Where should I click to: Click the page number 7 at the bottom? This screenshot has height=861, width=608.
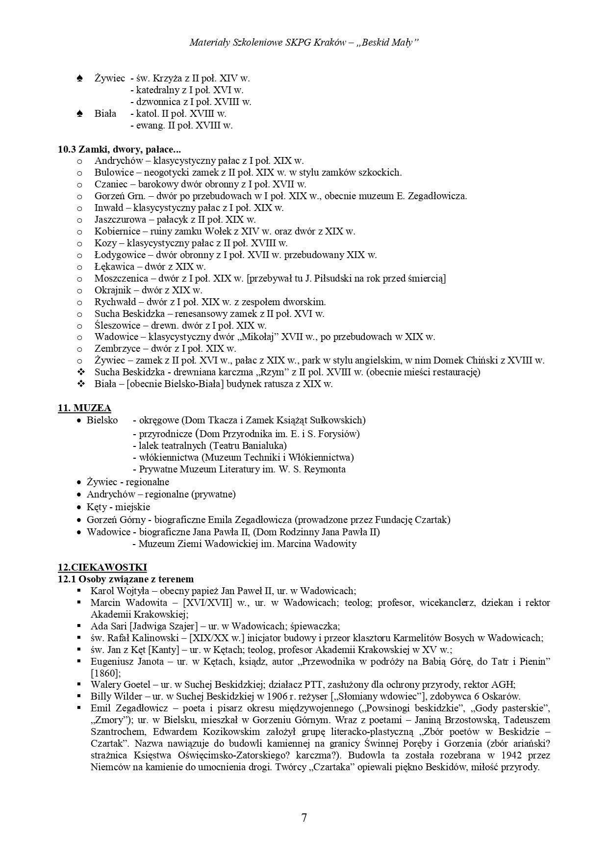pos(304,818)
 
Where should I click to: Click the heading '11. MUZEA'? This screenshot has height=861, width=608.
pos(84,408)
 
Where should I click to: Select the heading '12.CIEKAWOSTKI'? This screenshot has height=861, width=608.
pos(102,567)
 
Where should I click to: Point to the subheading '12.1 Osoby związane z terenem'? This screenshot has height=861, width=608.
pos(126,579)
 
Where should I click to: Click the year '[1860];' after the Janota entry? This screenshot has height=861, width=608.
pos(105,673)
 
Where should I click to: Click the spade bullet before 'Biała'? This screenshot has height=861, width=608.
pos(80,114)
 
